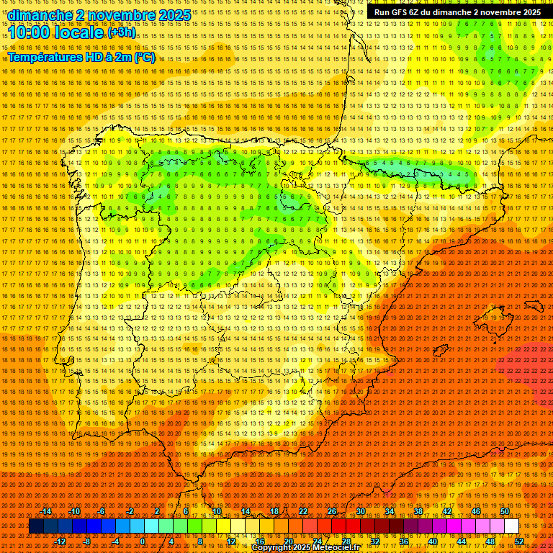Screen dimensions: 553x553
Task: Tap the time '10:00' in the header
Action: click(33, 32)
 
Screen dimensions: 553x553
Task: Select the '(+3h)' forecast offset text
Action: click(120, 32)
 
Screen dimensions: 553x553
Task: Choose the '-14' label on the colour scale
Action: click(46, 511)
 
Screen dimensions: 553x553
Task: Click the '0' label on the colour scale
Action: click(143, 541)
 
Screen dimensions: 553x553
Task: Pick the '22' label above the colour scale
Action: click(303, 511)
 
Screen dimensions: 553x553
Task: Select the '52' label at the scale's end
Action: click(520, 541)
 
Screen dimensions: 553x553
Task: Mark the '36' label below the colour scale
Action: click(403, 541)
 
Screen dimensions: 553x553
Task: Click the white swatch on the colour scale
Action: click(511, 526)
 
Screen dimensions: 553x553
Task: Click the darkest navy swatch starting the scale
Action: click(36, 526)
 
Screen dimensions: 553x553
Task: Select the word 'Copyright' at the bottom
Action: click(271, 548)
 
